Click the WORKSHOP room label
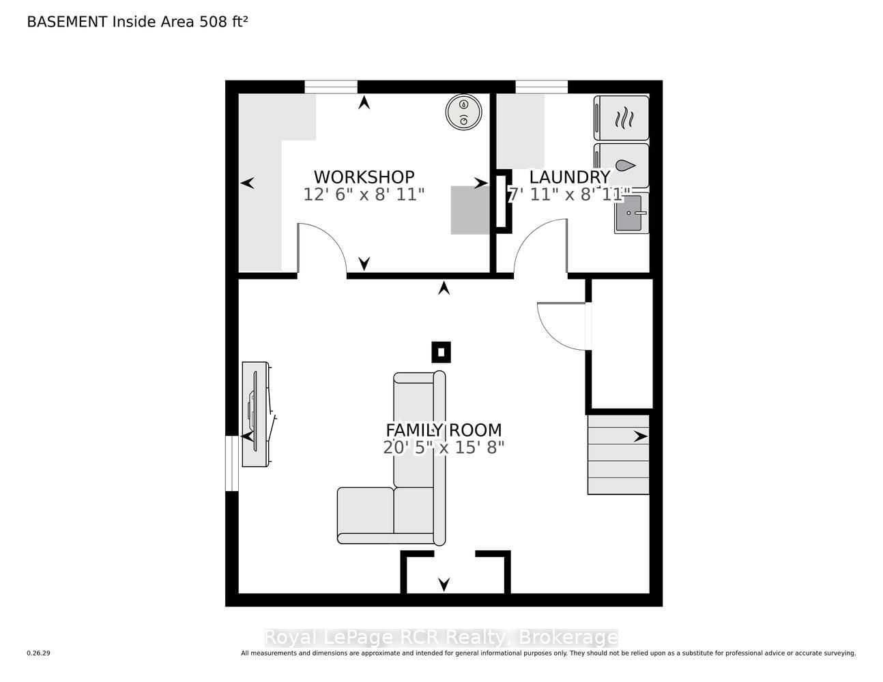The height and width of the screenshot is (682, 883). click(x=364, y=177)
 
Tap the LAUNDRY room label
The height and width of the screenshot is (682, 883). click(x=569, y=177)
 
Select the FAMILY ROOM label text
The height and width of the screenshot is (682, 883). click(x=444, y=430)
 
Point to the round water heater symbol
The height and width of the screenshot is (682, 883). click(x=463, y=112)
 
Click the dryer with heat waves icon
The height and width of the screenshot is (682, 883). click(x=622, y=118)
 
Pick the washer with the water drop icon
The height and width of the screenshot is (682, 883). click(x=622, y=166)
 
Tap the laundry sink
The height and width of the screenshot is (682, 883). click(x=631, y=213)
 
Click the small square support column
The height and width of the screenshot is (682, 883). click(x=441, y=352)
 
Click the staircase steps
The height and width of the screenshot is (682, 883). click(x=618, y=454)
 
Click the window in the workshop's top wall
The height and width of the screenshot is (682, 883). click(x=331, y=87)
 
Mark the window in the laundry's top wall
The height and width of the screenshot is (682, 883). click(x=542, y=87)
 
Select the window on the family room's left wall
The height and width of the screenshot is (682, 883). click(x=231, y=463)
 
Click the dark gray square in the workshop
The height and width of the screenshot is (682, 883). click(x=470, y=210)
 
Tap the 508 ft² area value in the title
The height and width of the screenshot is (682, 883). click(x=223, y=22)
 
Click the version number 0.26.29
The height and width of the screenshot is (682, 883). click(x=39, y=653)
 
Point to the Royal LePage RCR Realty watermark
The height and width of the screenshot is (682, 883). click(x=441, y=638)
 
